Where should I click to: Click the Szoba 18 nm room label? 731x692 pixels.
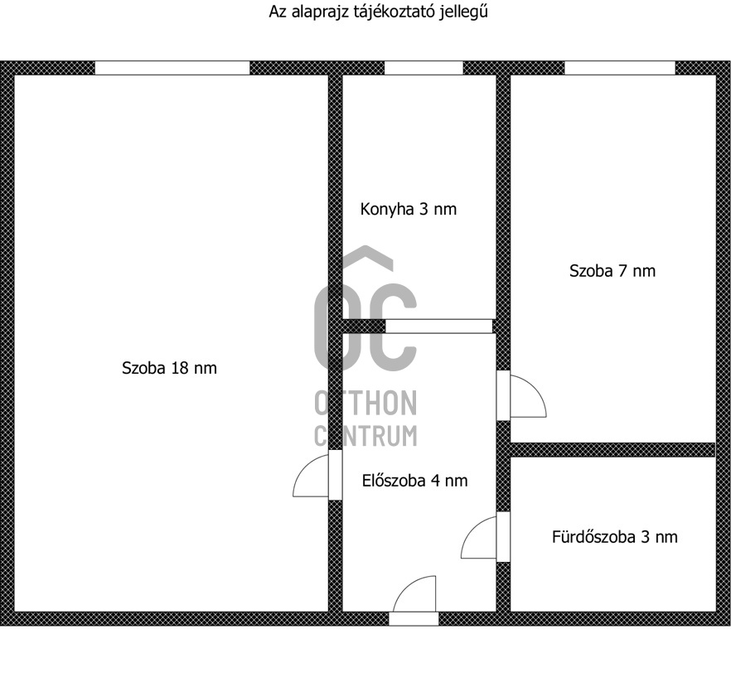(169, 368)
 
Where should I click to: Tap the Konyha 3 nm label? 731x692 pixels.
(408, 209)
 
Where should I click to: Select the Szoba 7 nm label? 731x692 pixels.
(612, 270)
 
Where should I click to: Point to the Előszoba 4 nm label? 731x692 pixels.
(414, 480)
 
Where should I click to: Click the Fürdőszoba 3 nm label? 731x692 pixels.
(614, 537)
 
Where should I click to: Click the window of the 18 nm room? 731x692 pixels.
(172, 68)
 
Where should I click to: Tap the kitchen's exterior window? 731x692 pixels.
(424, 68)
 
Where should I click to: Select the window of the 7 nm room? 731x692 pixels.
(619, 68)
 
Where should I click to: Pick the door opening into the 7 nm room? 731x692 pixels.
(525, 396)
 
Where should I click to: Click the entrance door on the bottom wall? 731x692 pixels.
(414, 617)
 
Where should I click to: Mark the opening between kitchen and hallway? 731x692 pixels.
(438, 327)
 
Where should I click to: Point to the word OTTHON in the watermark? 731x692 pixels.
(365, 403)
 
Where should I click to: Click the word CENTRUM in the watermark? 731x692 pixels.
(365, 434)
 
